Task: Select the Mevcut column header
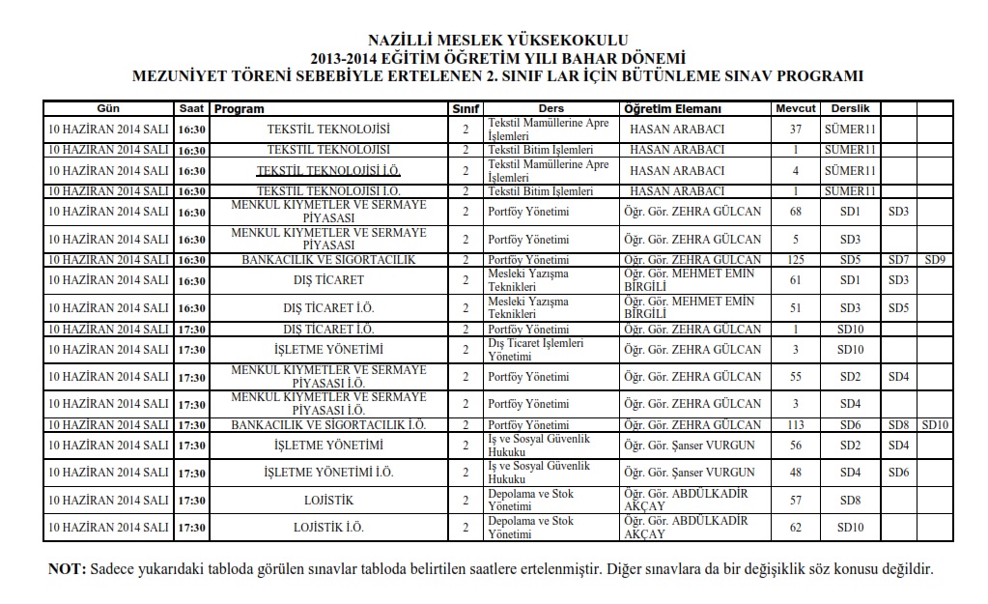tap(795, 109)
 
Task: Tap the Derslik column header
tap(849, 109)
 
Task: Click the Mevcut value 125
tap(795, 260)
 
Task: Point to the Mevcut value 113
tap(795, 425)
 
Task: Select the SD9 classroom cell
tap(935, 260)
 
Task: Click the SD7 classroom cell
tap(898, 260)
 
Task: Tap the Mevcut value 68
tap(795, 212)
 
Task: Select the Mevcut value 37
tap(795, 129)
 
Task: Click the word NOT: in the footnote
tap(68, 568)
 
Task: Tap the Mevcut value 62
tap(795, 528)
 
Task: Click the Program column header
tap(240, 109)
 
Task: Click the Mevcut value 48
tap(795, 473)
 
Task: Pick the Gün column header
tap(108, 109)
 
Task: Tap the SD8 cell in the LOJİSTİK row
tap(849, 501)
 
